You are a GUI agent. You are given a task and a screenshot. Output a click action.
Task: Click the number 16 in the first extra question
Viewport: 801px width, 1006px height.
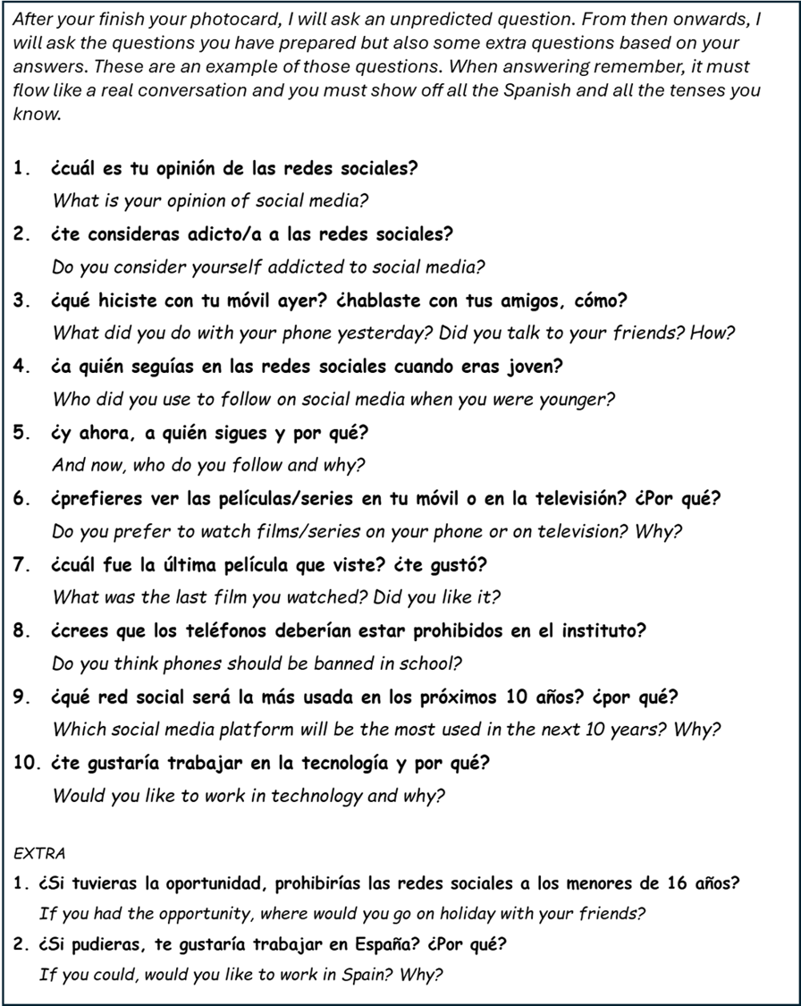(678, 884)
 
